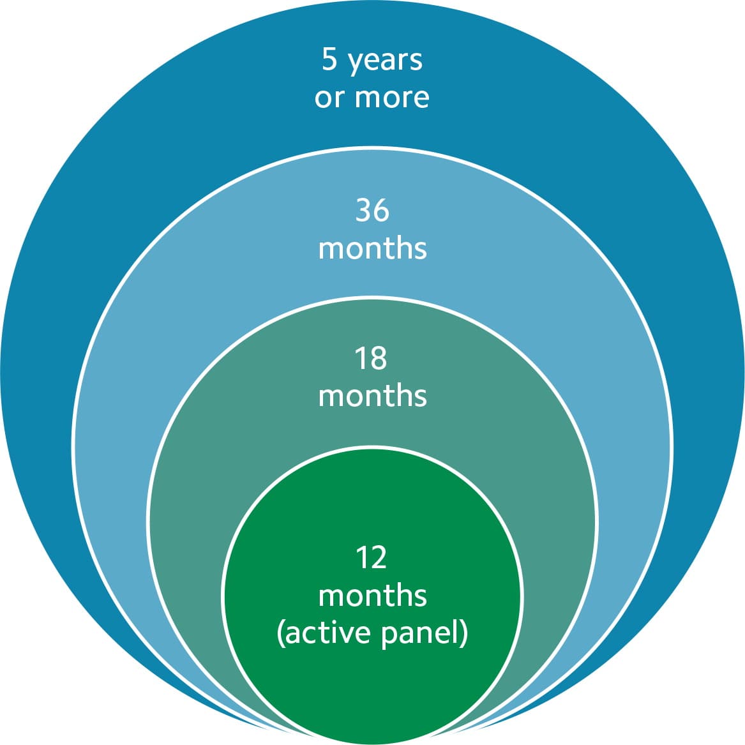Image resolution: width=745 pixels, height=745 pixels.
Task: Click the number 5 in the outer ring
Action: [329, 59]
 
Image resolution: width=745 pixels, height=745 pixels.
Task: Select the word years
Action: [386, 62]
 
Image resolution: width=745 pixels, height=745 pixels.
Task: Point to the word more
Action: [392, 98]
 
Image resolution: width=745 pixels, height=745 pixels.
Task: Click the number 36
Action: [373, 210]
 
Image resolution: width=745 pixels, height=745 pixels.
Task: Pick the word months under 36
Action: [373, 248]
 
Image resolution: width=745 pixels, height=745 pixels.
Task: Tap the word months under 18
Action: [373, 396]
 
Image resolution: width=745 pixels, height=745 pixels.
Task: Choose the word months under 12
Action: [373, 596]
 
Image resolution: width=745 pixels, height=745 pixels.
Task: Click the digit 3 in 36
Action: [363, 210]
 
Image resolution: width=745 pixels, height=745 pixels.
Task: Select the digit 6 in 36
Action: [382, 210]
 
